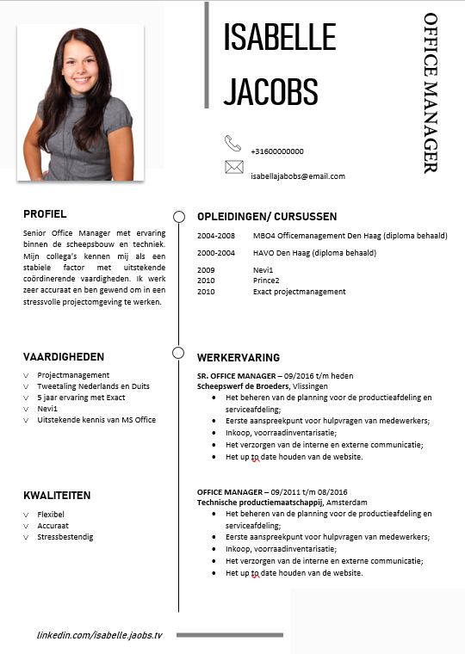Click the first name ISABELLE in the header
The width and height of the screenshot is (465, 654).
(279, 38)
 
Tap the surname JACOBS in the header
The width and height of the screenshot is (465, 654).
(270, 89)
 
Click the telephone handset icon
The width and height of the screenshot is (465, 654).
(233, 143)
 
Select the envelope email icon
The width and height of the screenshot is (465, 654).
(233, 167)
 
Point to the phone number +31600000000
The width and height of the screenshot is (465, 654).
(276, 151)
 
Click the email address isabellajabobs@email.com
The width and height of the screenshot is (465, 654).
(297, 176)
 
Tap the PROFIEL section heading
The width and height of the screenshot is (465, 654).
(45, 214)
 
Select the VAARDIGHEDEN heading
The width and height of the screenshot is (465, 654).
(64, 356)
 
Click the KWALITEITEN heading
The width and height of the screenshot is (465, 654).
(57, 497)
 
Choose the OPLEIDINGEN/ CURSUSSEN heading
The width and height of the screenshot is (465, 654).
(267, 217)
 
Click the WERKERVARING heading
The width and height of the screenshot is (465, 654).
(239, 357)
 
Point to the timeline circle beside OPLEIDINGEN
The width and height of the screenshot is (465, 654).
(179, 216)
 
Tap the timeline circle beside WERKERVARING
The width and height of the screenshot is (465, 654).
(179, 353)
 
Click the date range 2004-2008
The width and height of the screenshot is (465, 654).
(215, 236)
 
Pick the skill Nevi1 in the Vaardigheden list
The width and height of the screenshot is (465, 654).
(47, 409)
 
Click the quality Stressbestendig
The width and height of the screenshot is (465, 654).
(65, 537)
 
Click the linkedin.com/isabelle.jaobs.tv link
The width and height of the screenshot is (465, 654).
(99, 634)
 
